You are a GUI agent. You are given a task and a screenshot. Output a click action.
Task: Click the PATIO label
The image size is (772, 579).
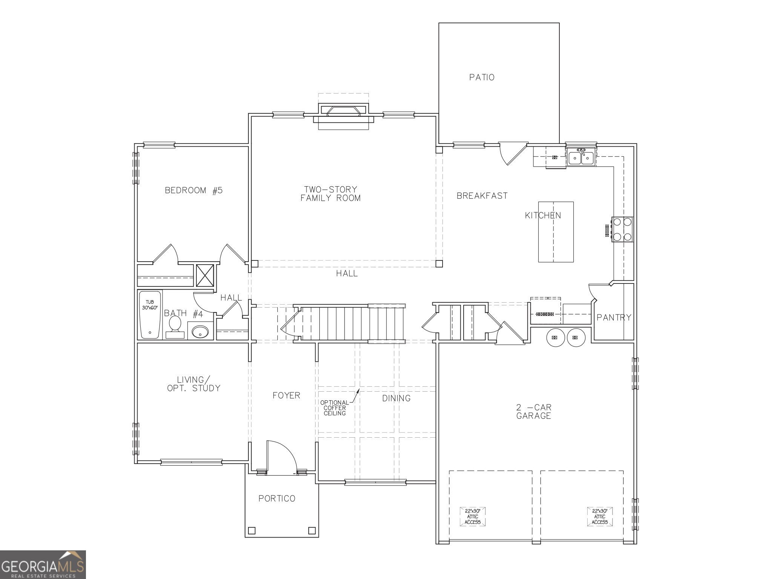tap(482, 77)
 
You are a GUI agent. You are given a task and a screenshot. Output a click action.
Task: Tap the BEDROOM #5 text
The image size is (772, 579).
tap(194, 190)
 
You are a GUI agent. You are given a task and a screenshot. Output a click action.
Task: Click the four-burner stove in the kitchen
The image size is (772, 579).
tap(622, 229)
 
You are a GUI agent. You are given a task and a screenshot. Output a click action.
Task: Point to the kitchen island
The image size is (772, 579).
tap(556, 232)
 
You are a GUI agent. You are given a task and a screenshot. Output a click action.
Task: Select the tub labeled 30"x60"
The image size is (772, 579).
tap(150, 315)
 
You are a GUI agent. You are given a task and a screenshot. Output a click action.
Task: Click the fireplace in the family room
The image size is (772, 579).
tap(343, 112)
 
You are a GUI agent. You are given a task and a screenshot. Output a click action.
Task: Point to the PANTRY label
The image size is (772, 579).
tap(614, 318)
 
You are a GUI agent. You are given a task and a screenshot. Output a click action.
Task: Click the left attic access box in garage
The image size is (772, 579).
tap(472, 516)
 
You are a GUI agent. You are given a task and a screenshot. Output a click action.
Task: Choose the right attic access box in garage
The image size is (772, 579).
tap(599, 516)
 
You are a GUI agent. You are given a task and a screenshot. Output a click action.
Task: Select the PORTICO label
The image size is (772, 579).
tap(277, 499)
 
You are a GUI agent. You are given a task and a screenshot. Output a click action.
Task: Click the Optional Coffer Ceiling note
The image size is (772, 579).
tap(334, 408)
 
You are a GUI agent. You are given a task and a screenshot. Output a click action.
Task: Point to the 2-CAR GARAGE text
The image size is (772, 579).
tap(533, 412)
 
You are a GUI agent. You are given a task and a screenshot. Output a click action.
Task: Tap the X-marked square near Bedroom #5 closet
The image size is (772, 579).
tap(205, 276)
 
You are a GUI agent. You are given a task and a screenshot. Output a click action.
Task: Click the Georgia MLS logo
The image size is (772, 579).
tap(43, 564)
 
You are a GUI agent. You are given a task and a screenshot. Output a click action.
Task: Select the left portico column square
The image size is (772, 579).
tap(251, 531)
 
